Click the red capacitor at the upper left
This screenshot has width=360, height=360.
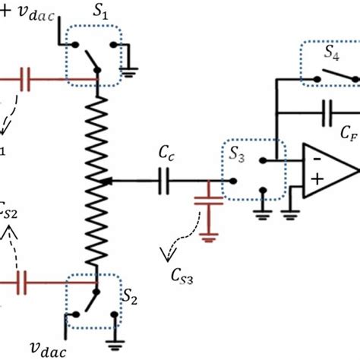point(26,75)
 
